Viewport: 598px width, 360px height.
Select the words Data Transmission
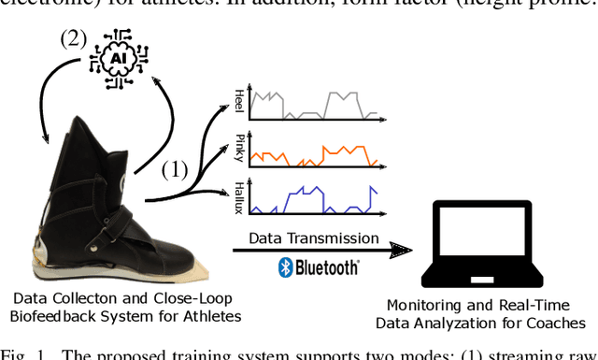click(314, 239)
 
